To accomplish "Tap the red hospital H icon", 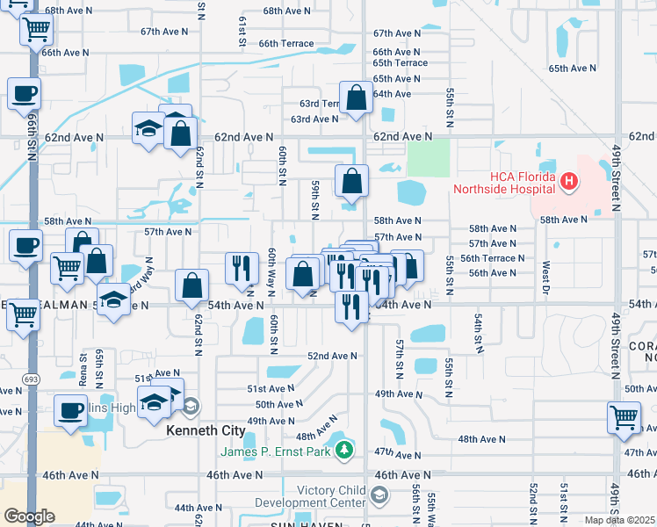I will [569, 183].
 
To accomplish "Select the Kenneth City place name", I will [203, 431].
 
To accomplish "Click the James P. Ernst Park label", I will [274, 451].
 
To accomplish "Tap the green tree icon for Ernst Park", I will [346, 451].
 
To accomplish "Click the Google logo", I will [29, 516].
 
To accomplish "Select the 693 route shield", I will [32, 377].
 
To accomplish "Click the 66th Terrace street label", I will [285, 43].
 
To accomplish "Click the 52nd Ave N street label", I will [332, 356].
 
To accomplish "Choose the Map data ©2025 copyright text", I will [619, 520].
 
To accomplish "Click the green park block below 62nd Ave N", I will [429, 158].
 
